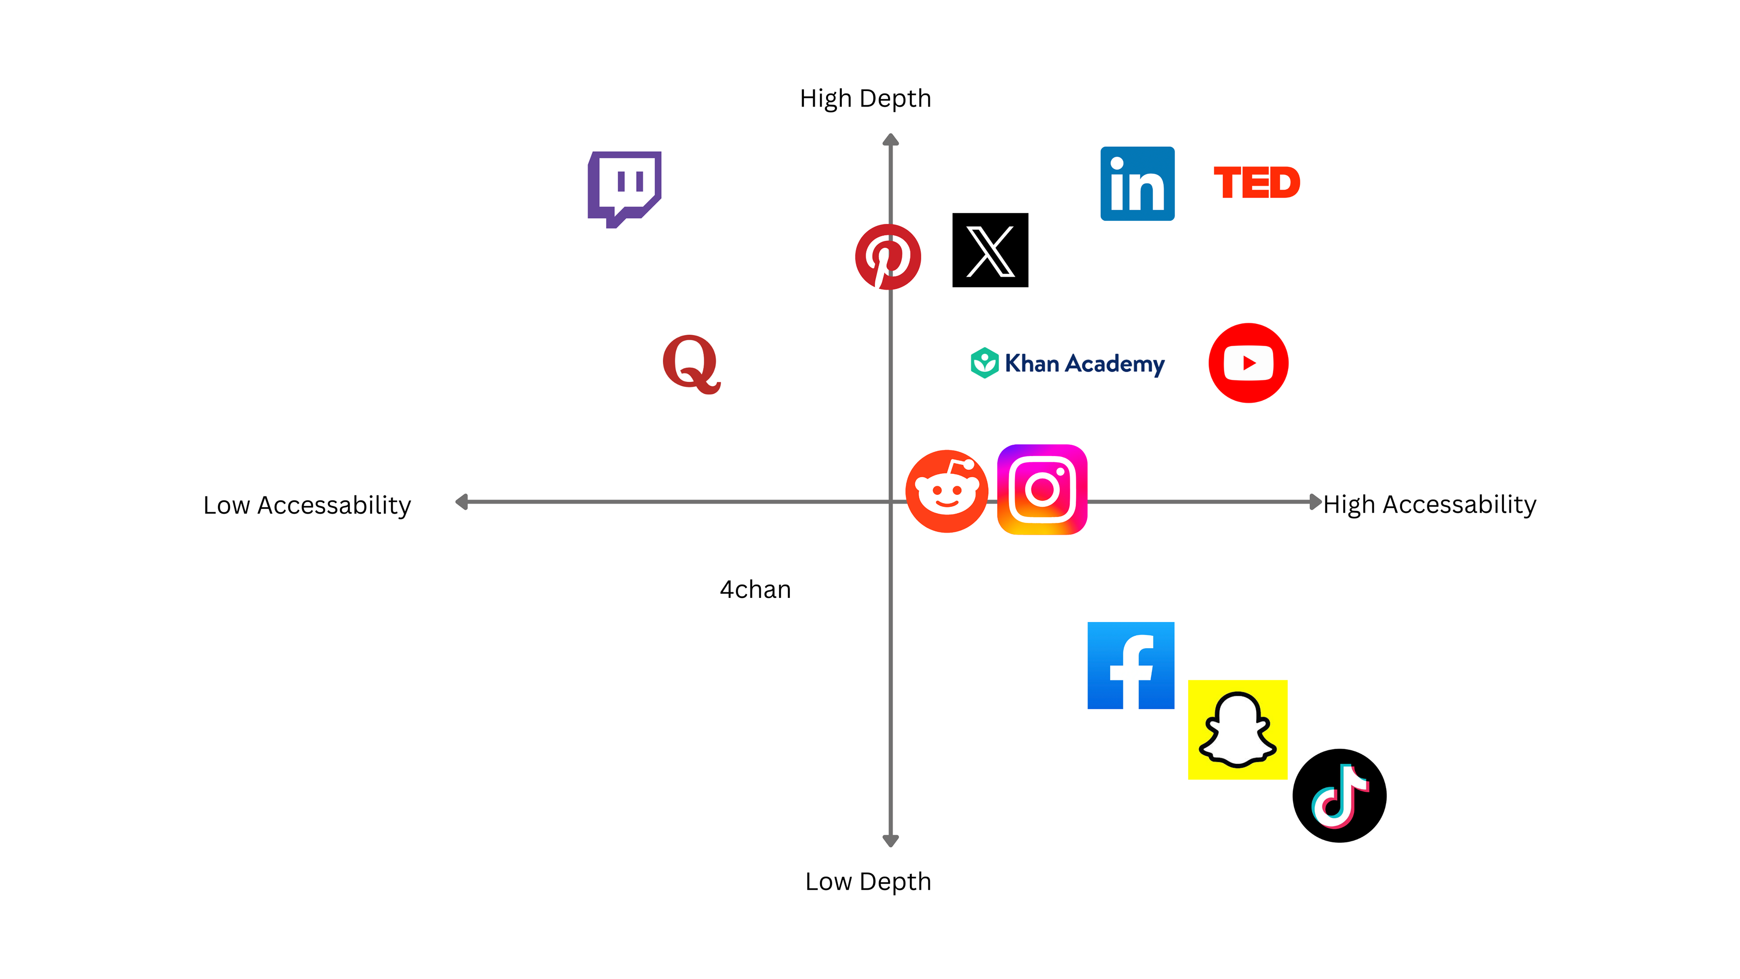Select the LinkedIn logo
[1137, 184]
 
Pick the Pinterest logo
[888, 257]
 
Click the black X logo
[990, 250]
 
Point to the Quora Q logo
[691, 364]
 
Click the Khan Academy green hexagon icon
[984, 363]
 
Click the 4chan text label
[755, 590]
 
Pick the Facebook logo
[1130, 665]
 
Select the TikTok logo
[1339, 795]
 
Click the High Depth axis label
[865, 99]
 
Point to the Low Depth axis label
[868, 881]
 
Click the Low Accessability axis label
[307, 505]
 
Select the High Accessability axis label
[1429, 505]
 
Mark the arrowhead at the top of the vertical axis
[890, 140]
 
